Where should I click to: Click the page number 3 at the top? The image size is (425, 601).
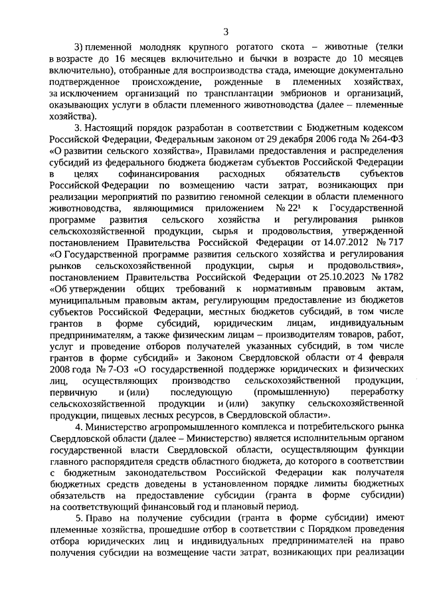tap(226, 31)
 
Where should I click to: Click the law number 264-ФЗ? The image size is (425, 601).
tap(382, 139)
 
